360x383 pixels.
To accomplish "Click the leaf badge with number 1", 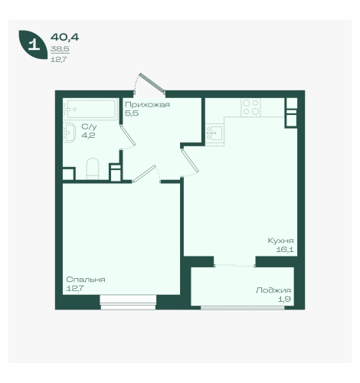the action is click(33, 44).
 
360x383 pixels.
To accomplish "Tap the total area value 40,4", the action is click(64, 38).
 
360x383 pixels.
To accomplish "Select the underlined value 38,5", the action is click(60, 49).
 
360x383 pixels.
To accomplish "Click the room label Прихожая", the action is click(147, 105).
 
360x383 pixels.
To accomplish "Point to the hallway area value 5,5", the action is click(132, 113).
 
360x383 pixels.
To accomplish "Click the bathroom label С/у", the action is click(89, 126).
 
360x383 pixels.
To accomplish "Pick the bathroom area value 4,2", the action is click(88, 136).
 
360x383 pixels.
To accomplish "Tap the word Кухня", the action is click(280, 241).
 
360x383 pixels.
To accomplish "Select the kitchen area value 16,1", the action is click(285, 250).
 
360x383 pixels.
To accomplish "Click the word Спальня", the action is click(86, 280).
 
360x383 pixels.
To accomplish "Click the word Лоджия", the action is click(273, 290).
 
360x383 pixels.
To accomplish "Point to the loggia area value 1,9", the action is click(284, 299).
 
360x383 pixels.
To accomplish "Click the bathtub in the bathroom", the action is click(90, 109).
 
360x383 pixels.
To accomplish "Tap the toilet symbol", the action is click(93, 169).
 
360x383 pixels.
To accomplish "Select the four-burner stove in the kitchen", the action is click(250, 107).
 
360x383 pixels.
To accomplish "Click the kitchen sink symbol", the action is click(215, 133).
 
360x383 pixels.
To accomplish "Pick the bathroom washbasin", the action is click(70, 133).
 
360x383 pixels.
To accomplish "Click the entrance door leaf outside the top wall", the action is click(152, 82).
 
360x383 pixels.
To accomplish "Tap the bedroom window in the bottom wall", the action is click(128, 303).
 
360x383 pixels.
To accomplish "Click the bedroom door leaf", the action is click(144, 174).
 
